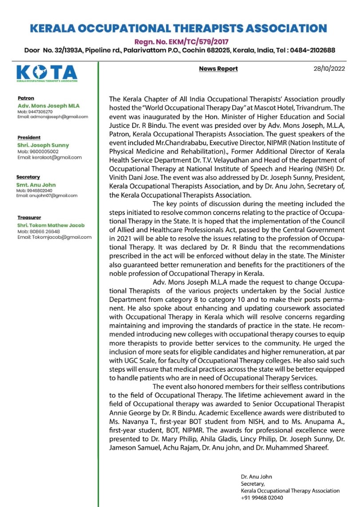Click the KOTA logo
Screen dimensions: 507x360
pos(47,73)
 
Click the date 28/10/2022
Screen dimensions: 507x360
pos(328,69)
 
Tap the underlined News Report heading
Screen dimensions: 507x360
pos(218,69)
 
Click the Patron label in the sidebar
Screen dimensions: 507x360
pos(26,98)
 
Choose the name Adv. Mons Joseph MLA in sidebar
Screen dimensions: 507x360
pos(43,106)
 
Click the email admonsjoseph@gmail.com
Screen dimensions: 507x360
pos(53,117)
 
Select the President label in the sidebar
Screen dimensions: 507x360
pos(29,138)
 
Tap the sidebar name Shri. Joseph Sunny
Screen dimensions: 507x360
pos(43,145)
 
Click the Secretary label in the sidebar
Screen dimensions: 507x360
pos(28,177)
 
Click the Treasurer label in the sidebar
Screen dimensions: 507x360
pos(29,218)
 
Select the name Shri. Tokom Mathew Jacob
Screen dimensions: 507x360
pos(51,226)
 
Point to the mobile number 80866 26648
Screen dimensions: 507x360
pos(44,231)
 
